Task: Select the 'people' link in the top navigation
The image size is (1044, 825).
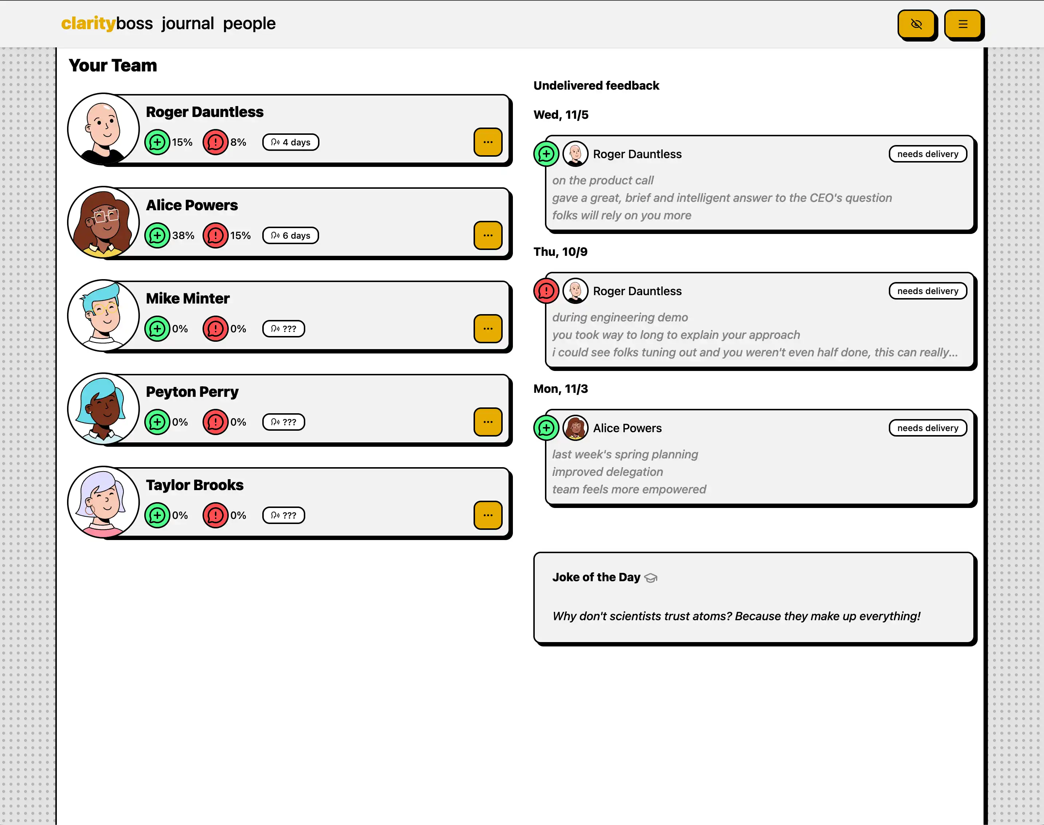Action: (x=249, y=23)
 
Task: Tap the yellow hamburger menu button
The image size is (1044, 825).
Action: (x=963, y=24)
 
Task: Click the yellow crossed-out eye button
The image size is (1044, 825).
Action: (x=916, y=24)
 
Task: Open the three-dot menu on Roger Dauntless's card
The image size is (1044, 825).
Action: (x=488, y=142)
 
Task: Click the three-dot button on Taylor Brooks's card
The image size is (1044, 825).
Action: (x=488, y=515)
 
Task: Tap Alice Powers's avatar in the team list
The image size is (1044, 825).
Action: (x=103, y=222)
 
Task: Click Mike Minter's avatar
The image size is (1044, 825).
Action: (x=103, y=316)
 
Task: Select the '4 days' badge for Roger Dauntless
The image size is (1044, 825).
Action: (x=291, y=142)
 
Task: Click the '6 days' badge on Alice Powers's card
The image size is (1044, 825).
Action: (x=291, y=236)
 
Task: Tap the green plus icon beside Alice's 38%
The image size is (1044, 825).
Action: (x=157, y=236)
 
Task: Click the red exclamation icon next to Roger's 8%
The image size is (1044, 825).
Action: (x=215, y=142)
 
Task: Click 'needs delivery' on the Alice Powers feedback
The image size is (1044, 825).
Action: (x=928, y=428)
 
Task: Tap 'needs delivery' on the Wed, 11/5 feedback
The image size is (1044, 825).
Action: (x=928, y=154)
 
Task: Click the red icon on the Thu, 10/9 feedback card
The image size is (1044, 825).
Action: (x=546, y=291)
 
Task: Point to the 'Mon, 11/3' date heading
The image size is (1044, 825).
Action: (x=561, y=389)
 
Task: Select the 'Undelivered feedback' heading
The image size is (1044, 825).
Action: (x=596, y=86)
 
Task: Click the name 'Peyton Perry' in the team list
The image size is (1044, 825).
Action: (x=192, y=392)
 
